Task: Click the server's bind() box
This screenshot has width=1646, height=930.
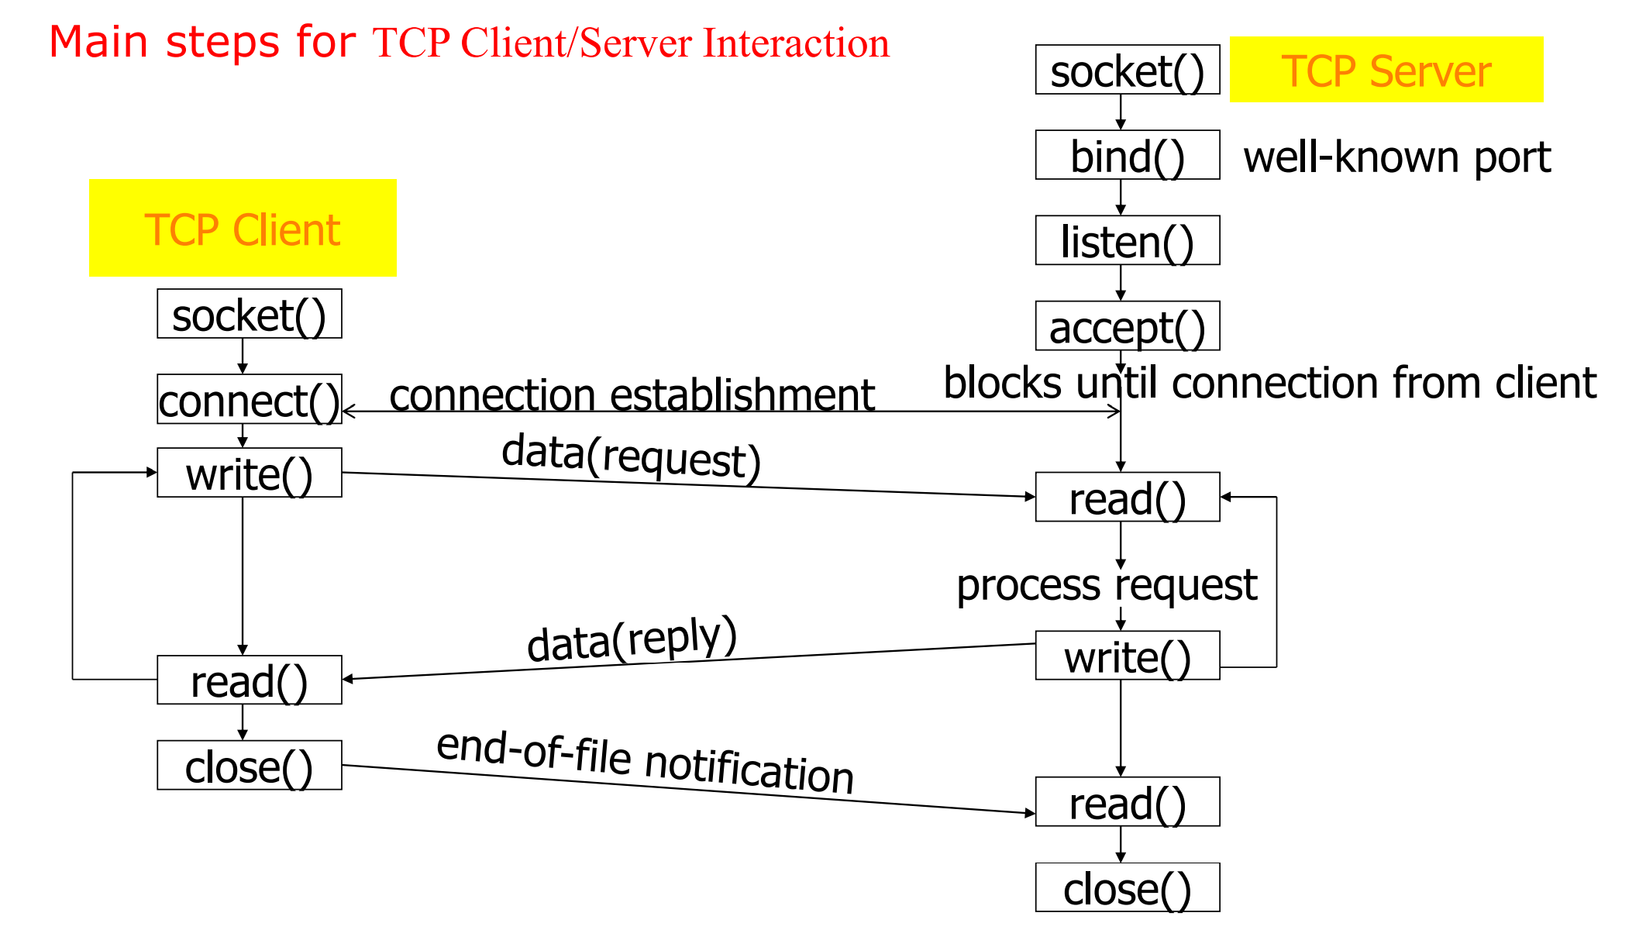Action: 1127,155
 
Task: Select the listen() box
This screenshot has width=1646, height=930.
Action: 1127,240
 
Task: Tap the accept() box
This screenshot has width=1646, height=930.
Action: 1127,325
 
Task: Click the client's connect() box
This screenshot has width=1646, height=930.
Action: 249,399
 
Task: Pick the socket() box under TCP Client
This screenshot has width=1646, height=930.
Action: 249,314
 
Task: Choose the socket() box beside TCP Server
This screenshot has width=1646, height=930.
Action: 1127,70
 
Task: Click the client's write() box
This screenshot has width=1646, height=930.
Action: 249,473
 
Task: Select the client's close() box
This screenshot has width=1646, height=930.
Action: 249,765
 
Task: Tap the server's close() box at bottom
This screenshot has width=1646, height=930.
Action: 1127,887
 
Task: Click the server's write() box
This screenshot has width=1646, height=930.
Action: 1127,656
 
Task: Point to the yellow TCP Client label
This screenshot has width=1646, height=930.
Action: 243,229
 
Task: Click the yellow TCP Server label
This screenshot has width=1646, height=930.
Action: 1386,70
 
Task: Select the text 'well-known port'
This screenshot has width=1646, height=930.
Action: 1396,157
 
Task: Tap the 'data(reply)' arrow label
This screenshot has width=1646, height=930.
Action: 632,639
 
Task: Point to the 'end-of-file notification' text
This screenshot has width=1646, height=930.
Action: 645,763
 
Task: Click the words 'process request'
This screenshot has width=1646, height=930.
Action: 1106,585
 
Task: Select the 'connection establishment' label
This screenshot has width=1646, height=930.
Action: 632,394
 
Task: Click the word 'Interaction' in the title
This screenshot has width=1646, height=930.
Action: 796,43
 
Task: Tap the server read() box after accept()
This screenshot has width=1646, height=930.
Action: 1127,497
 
